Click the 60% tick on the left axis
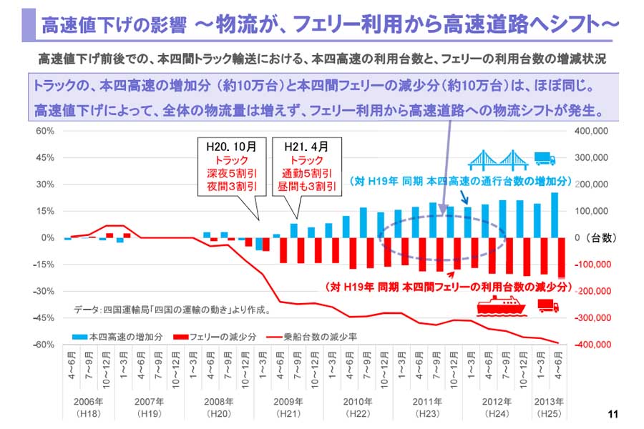44,131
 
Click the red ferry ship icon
502,307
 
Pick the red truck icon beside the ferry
548,307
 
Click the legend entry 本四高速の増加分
117,335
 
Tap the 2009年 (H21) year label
288,406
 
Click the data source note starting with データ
172,310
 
